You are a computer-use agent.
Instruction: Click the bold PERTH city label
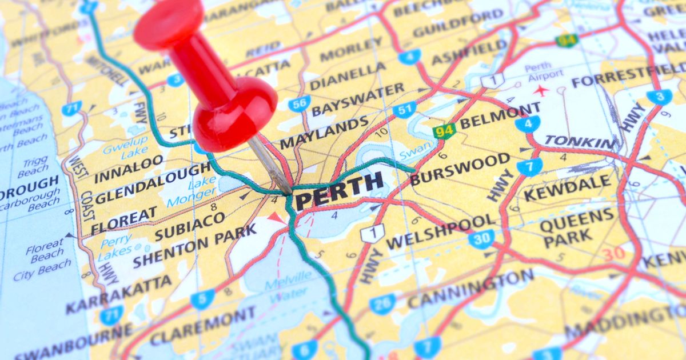coord(338,190)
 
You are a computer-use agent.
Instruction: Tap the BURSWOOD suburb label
coord(460,169)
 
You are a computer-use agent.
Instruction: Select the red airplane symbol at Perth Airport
coord(540,90)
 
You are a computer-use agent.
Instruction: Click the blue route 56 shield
coord(299,103)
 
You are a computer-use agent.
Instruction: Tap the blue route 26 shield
coord(381,303)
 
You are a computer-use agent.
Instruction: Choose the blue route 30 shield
coord(481,238)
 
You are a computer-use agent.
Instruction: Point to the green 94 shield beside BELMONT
coord(444,131)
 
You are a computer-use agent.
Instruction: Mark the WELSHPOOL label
coord(441,231)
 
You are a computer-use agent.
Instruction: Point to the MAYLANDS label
coord(324,132)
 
